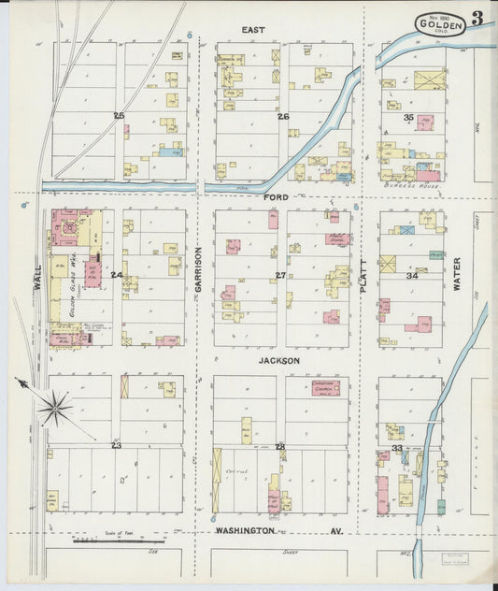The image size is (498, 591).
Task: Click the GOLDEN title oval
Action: click(440, 25)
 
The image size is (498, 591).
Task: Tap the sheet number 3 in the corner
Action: click(477, 18)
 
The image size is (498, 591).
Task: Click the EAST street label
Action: click(253, 30)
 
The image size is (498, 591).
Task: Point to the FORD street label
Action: click(276, 197)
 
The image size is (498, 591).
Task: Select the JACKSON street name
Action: click(279, 360)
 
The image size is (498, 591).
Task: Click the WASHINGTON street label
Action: click(245, 530)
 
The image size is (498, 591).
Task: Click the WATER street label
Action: click(457, 274)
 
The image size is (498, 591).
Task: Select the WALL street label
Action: click(38, 281)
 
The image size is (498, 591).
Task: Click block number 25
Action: click(119, 116)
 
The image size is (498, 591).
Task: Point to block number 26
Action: click(282, 117)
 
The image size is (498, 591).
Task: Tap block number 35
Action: click(408, 118)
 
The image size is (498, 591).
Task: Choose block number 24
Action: click(116, 275)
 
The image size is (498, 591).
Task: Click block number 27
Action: click(280, 276)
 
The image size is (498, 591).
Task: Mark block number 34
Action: click(411, 276)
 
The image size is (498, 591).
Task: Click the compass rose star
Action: click(55, 406)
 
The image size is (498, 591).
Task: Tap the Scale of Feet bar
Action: click(119, 541)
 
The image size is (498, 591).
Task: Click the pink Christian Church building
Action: click(330, 386)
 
